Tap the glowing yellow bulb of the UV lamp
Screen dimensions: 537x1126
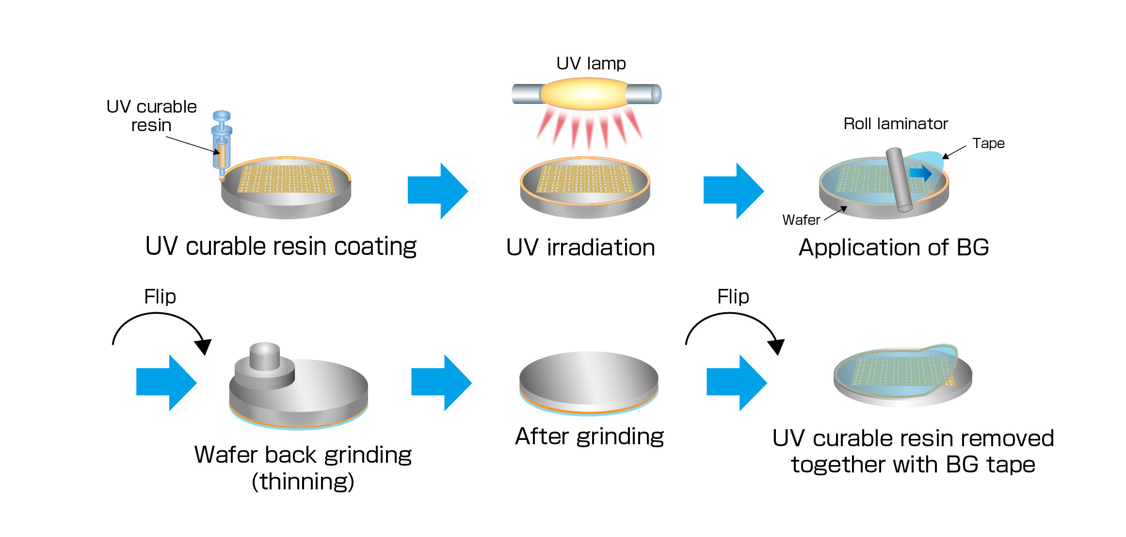click(585, 94)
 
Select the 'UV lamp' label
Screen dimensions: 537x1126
click(591, 64)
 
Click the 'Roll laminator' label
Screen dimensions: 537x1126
click(895, 124)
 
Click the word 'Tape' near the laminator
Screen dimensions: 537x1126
click(988, 143)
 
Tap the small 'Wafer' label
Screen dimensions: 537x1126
click(801, 220)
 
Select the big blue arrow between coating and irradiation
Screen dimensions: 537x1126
click(437, 191)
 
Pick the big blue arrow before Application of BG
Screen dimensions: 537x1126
click(733, 191)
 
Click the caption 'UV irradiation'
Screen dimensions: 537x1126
click(580, 247)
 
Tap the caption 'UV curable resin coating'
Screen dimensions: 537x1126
click(281, 247)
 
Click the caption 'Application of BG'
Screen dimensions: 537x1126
click(893, 247)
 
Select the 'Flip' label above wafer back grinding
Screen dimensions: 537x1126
click(160, 297)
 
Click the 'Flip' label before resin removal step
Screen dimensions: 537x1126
click(733, 297)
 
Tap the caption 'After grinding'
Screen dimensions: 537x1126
click(589, 436)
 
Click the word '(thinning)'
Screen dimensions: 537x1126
click(303, 482)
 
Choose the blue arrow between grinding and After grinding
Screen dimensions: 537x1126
click(441, 383)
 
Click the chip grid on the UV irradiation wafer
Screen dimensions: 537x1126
click(585, 179)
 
